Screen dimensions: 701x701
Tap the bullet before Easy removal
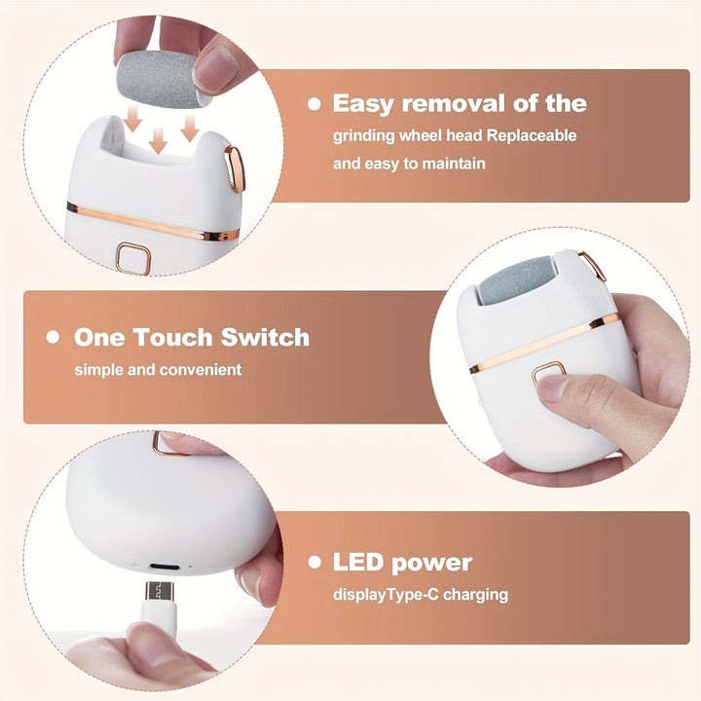click(x=314, y=103)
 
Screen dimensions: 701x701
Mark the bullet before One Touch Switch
click(x=53, y=338)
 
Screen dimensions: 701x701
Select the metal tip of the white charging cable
click(x=160, y=591)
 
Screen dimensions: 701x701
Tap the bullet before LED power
click(x=314, y=562)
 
